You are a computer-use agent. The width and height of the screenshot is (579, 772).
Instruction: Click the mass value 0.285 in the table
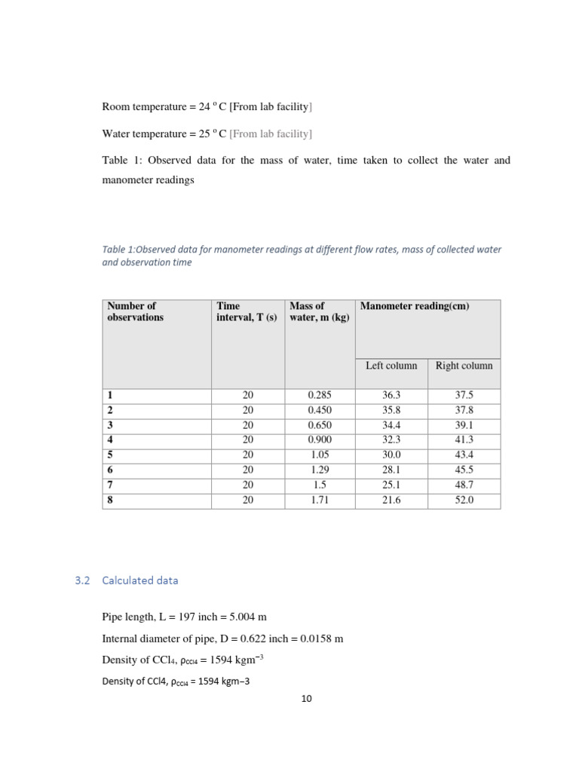pyautogui.click(x=320, y=395)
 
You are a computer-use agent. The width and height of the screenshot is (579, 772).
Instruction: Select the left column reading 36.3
pyautogui.click(x=391, y=395)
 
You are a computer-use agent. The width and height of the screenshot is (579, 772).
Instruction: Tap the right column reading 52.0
pyautogui.click(x=464, y=499)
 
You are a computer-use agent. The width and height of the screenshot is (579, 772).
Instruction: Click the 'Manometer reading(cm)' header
pyautogui.click(x=415, y=306)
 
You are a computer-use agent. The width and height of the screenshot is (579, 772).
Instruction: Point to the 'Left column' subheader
pyautogui.click(x=391, y=366)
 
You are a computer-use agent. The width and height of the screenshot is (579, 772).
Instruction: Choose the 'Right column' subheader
pyautogui.click(x=464, y=366)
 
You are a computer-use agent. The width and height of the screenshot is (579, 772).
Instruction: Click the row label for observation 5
pyautogui.click(x=110, y=455)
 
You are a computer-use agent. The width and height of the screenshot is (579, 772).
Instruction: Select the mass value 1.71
pyautogui.click(x=320, y=499)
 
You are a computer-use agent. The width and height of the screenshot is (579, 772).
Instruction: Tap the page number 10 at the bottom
pyautogui.click(x=306, y=699)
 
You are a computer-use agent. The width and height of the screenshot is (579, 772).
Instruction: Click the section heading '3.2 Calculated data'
pyautogui.click(x=127, y=581)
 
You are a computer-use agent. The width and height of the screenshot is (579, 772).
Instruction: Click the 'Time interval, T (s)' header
pyautogui.click(x=247, y=311)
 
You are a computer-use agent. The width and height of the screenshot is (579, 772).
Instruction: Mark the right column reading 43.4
pyautogui.click(x=464, y=455)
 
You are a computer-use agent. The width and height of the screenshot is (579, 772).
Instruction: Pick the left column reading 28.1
pyautogui.click(x=391, y=470)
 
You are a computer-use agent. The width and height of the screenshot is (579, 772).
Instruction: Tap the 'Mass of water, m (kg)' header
pyautogui.click(x=319, y=311)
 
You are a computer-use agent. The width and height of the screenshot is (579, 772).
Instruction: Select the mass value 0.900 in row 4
pyautogui.click(x=320, y=440)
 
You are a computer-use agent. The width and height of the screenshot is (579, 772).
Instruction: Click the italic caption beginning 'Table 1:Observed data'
pyautogui.click(x=302, y=256)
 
